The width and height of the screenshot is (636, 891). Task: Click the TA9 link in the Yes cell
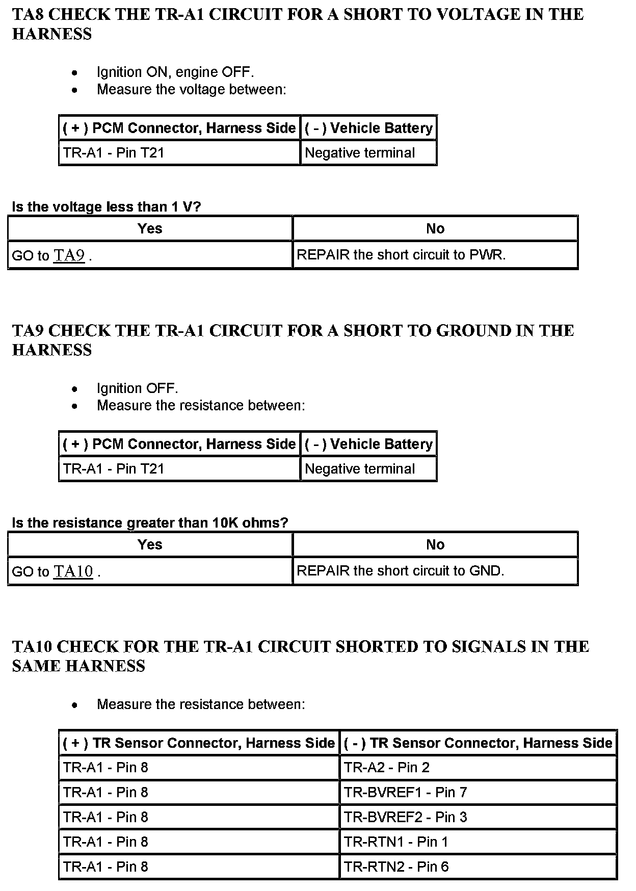tap(69, 255)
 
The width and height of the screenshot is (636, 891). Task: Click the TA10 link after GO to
tap(73, 571)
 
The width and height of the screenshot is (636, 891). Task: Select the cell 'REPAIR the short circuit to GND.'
tap(400, 571)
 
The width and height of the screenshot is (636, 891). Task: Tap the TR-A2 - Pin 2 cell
tap(386, 768)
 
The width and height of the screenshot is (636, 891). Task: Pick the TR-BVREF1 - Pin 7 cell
tap(405, 793)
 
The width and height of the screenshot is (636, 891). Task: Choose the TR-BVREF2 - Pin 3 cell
tap(405, 817)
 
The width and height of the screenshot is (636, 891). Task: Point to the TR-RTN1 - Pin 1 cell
tap(395, 842)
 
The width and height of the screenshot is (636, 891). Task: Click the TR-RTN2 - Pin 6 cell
tap(396, 867)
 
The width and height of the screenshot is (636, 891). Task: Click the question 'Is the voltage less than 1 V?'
tap(107, 207)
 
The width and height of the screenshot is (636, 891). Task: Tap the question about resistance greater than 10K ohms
tap(150, 523)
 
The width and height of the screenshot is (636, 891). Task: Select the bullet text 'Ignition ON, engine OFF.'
tap(175, 72)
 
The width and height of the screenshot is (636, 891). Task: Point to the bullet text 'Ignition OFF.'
tap(138, 388)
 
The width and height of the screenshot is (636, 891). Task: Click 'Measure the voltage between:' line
tap(192, 90)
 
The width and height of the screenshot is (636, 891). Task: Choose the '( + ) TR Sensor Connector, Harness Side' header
tap(199, 743)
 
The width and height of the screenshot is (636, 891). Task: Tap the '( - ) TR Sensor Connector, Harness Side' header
tap(478, 743)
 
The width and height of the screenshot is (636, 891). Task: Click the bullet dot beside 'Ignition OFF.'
tap(75, 389)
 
